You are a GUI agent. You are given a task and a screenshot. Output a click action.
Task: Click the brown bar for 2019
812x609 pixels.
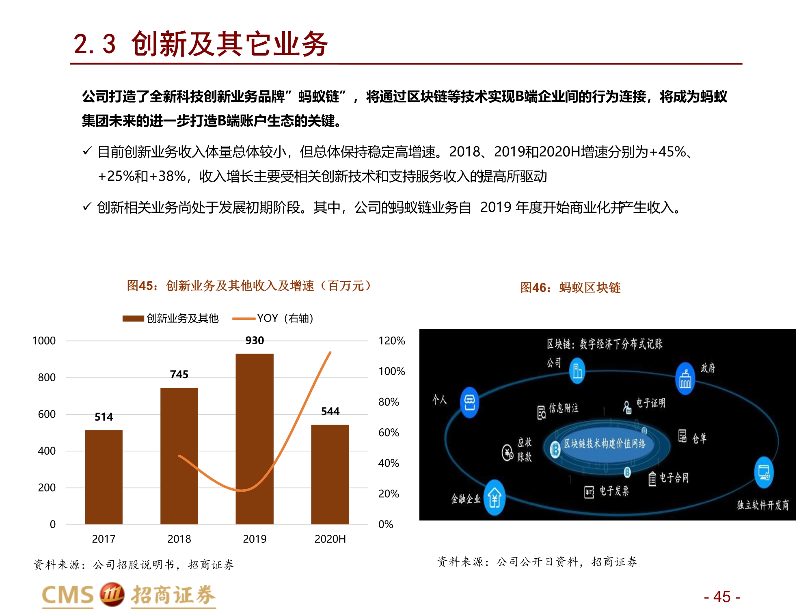[x=255, y=438]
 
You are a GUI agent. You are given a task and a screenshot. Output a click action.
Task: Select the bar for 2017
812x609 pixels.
[x=104, y=477]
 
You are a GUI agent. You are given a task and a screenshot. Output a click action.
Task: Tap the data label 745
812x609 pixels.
[x=179, y=374]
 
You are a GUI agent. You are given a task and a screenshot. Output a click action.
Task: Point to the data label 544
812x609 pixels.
[x=330, y=411]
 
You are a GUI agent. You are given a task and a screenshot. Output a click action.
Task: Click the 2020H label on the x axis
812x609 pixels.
[x=330, y=539]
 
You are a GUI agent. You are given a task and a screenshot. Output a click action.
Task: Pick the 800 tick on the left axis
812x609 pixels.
[x=47, y=378]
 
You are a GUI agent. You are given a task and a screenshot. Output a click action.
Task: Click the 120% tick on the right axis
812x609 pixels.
[x=391, y=341]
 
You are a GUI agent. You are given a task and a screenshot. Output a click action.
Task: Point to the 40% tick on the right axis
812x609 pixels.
[x=389, y=463]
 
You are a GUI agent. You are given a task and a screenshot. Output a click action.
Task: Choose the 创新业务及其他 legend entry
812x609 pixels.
[x=171, y=318]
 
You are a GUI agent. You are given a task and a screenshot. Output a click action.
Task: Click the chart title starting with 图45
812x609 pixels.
[x=248, y=286]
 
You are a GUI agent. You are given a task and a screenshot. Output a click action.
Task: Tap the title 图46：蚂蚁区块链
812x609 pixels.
[x=570, y=287]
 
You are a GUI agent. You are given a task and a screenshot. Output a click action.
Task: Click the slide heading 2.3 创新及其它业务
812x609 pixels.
[x=201, y=44]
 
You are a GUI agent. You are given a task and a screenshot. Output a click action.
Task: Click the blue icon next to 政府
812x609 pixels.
[x=685, y=378]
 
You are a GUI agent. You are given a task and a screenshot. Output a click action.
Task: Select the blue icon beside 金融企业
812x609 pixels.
[x=495, y=497]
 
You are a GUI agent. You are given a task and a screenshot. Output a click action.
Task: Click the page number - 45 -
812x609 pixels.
[x=722, y=597]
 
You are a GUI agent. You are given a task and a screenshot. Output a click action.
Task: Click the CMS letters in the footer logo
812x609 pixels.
[x=68, y=595]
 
